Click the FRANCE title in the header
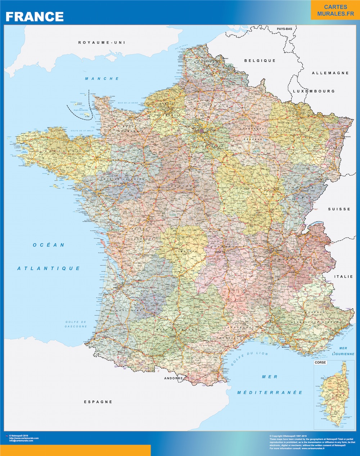pos(35,17)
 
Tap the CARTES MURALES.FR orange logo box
pos(335,10)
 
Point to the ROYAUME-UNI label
pos(102,42)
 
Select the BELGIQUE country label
pos(260,60)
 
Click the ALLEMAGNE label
pos(330,73)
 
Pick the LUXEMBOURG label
pos(314,91)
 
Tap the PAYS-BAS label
pos(284,28)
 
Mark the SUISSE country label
pos(339,209)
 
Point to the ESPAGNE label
pos(98,402)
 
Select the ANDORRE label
pos(174,378)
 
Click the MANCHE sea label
pos(102,78)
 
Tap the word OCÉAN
pos(49,245)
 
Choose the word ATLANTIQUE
pos(49,268)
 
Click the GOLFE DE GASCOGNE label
pos(76,324)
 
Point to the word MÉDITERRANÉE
pos(270,392)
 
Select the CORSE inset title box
pos(320,362)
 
